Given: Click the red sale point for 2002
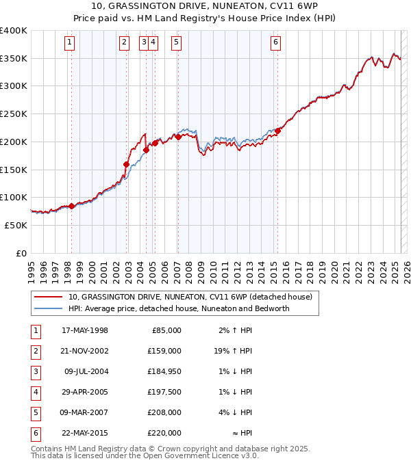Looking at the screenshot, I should tap(126, 164).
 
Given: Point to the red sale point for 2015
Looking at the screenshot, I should tap(277, 131).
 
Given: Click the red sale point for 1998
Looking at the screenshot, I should tap(71, 206).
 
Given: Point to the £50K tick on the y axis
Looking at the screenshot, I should tap(16, 225).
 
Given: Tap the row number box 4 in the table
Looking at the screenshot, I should tap(35, 392).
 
